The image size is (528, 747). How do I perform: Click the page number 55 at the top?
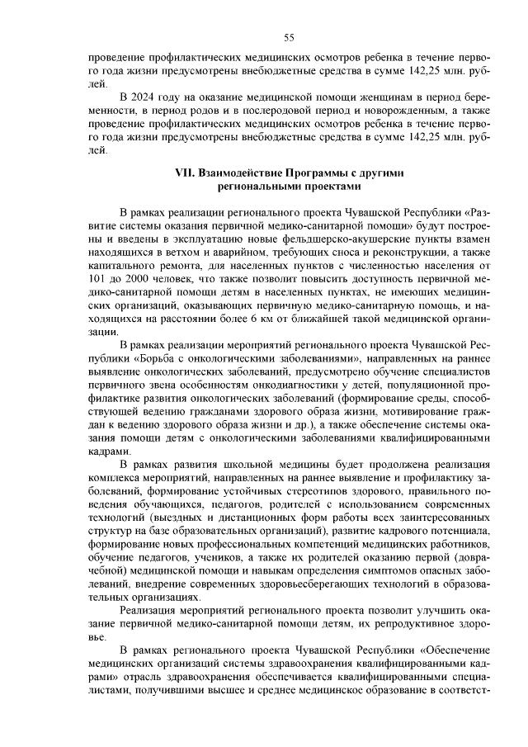click(289, 37)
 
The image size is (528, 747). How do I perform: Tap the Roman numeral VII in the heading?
click(186, 173)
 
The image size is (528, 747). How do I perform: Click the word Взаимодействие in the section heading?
click(242, 173)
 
